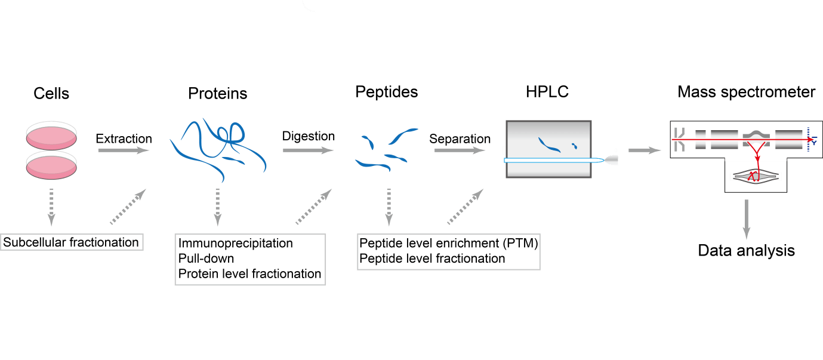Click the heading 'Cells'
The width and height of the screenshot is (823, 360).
pos(51,94)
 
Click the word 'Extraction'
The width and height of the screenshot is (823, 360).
pos(124,139)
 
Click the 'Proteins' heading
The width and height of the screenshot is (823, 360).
pos(218,94)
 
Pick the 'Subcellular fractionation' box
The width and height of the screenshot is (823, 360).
pos(72,242)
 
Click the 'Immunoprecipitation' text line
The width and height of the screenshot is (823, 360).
pos(236,244)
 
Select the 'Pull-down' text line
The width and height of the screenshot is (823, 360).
pos(206,259)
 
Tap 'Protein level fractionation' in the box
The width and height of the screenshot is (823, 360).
pos(250,273)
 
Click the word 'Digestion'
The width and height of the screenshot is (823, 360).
pos(309,136)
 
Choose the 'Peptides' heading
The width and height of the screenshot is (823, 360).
pos(387,92)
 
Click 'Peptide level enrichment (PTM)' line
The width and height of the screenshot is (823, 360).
pos(449,244)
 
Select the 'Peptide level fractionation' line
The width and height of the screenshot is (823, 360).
pos(432,259)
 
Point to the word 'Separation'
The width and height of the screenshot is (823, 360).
pos(460,139)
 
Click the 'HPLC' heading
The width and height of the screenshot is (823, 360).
pos(547,93)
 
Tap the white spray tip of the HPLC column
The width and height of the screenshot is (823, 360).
pos(612,160)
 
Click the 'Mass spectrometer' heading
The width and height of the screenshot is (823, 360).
pos(747,92)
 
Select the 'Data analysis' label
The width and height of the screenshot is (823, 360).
pos(747,250)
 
